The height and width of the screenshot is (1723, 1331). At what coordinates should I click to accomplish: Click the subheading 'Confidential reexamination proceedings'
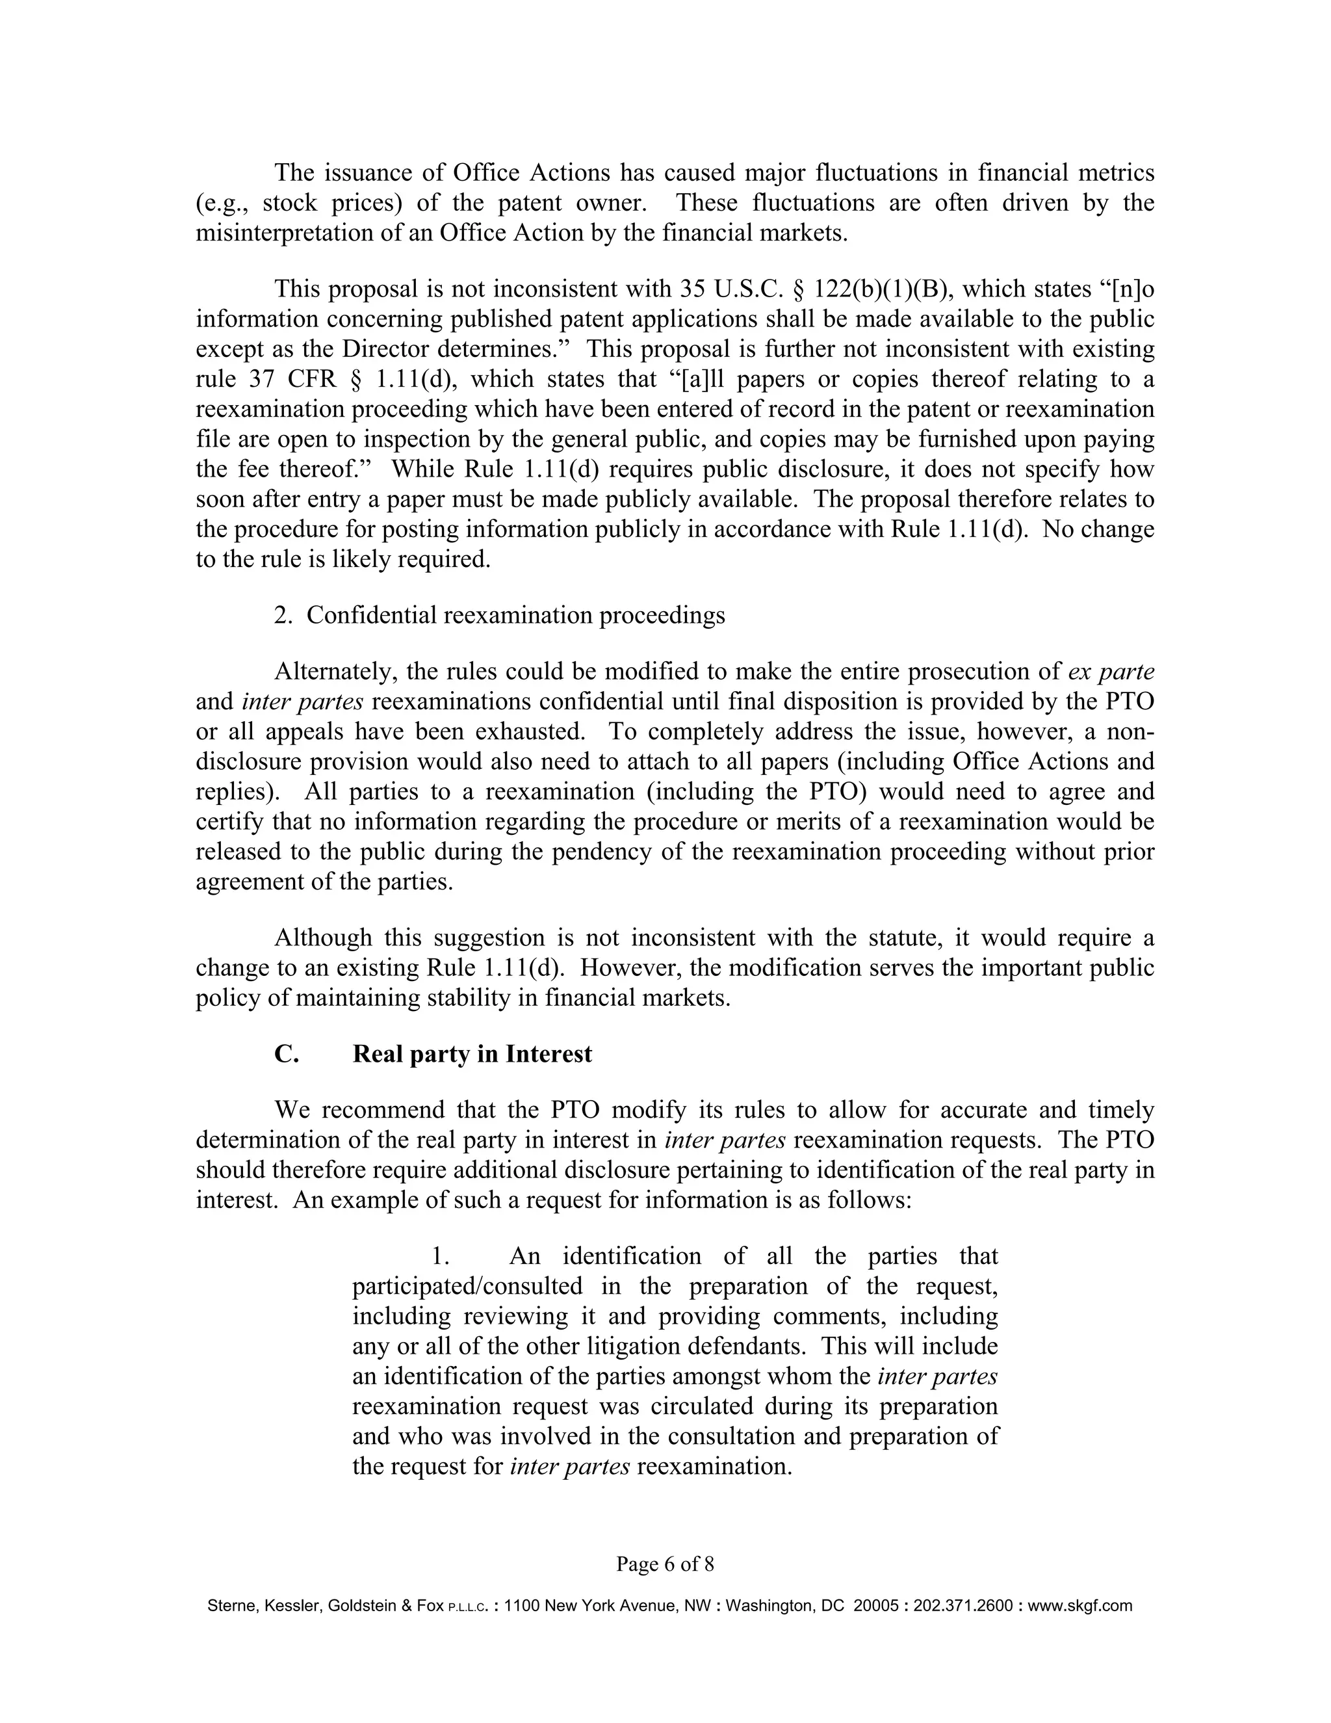[515, 615]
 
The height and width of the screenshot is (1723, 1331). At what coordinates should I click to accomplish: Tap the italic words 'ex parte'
[1110, 672]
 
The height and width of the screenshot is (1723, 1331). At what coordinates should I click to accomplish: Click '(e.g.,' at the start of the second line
[222, 203]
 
